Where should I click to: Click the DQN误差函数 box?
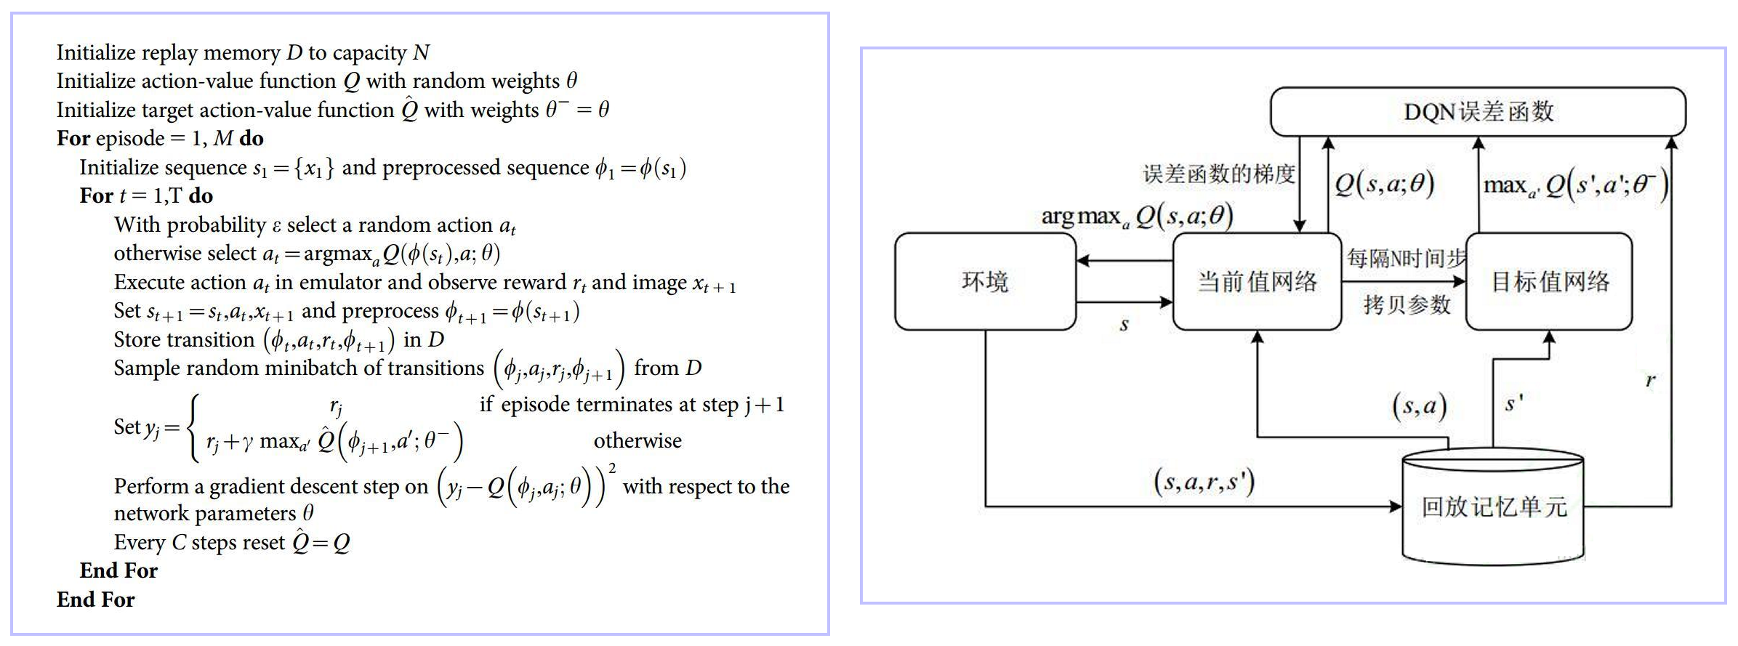1477,112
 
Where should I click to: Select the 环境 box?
985,282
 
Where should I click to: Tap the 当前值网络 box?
1257,282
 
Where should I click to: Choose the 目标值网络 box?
1549,282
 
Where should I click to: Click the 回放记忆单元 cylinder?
1493,507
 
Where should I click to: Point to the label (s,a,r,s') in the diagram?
1204,482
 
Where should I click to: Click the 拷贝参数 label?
1407,304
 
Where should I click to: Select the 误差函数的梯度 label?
1219,174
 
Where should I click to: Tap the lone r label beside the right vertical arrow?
1650,380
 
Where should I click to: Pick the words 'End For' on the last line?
96,599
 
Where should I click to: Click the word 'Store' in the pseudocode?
138,339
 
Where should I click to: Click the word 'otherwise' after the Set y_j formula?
637,441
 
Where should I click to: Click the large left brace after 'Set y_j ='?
193,427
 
